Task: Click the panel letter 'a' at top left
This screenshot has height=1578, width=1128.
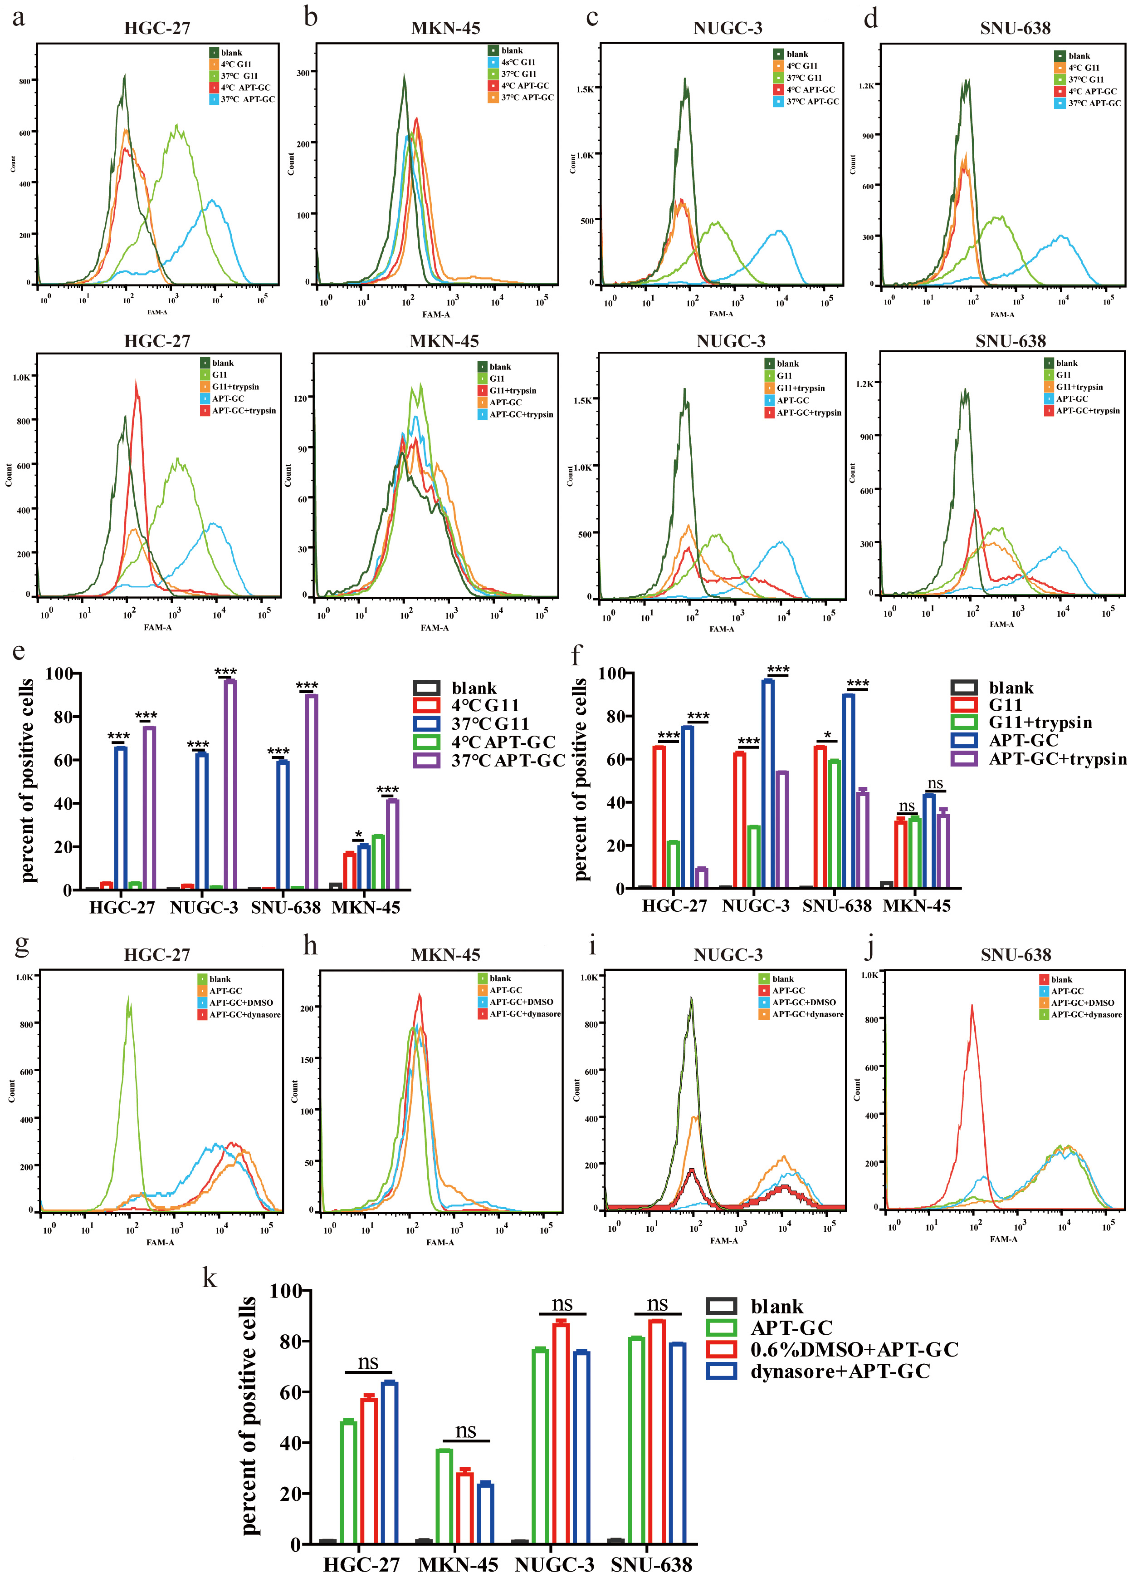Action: pyautogui.click(x=19, y=17)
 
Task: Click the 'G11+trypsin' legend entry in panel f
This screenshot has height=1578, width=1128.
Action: pyautogui.click(x=1040, y=722)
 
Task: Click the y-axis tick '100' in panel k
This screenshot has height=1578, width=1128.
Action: pyautogui.click(x=285, y=1291)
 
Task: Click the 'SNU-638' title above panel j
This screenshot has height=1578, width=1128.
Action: pyautogui.click(x=1016, y=955)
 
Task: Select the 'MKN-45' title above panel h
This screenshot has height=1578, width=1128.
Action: pyautogui.click(x=445, y=955)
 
